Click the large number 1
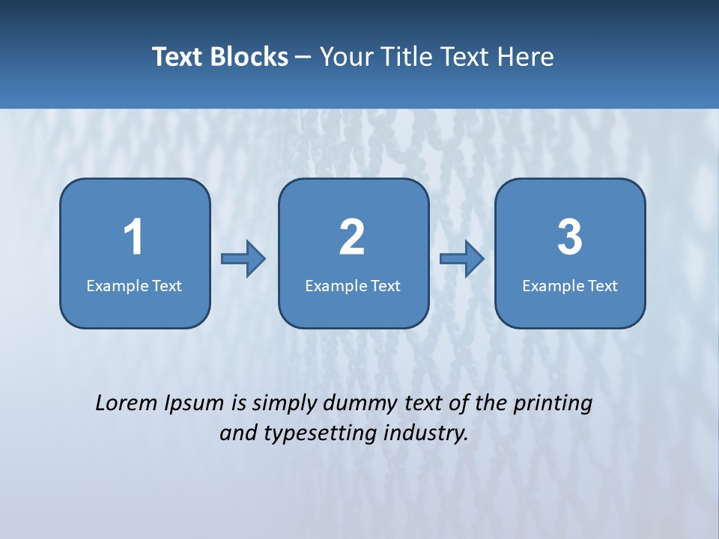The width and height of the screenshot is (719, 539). (x=134, y=237)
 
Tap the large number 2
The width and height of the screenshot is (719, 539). (x=352, y=237)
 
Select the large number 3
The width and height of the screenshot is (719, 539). (x=570, y=237)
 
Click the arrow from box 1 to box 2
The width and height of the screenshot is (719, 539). (x=244, y=259)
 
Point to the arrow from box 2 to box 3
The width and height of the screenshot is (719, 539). (x=462, y=259)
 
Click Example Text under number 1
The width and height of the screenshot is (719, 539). (x=134, y=286)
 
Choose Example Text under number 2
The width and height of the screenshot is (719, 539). (x=353, y=286)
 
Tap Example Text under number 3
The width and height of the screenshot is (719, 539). (x=570, y=286)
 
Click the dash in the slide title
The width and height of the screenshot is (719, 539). (x=303, y=57)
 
